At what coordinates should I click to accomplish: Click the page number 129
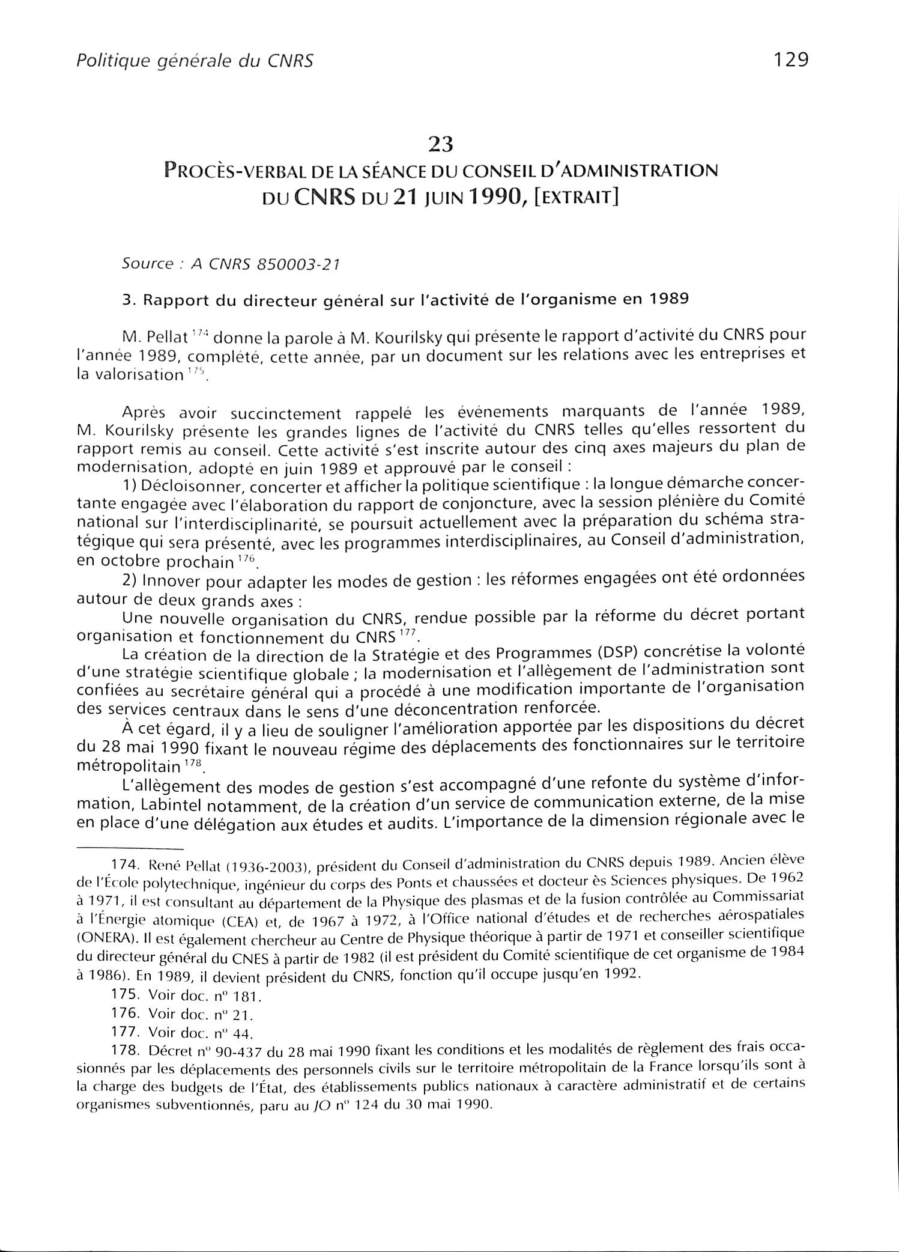(791, 59)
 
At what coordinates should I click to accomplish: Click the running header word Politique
(99, 61)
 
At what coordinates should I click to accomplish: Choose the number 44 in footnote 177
(242, 1033)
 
